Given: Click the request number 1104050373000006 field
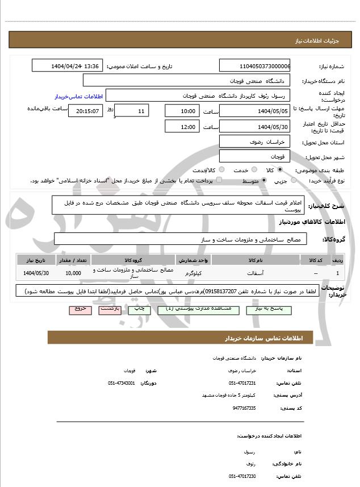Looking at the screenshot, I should pyautogui.click(x=254, y=66).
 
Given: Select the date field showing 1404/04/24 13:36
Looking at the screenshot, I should pyautogui.click(x=69, y=66).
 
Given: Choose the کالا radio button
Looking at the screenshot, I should pyautogui.click(x=280, y=169).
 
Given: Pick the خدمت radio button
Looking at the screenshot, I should pyautogui.click(x=253, y=169).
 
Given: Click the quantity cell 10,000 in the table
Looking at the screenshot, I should pyautogui.click(x=73, y=273).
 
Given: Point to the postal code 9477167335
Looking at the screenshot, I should pyautogui.click(x=244, y=407).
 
